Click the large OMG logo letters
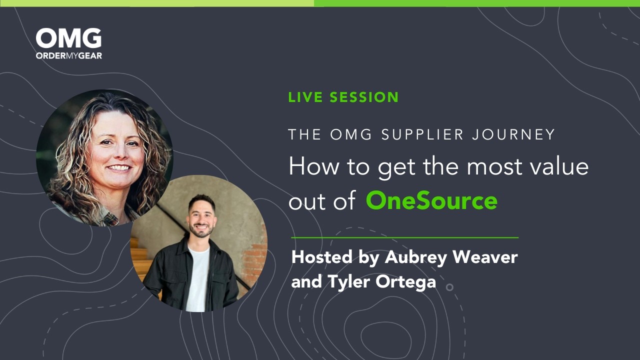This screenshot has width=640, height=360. (68, 39)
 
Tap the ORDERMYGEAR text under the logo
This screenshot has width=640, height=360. (68, 55)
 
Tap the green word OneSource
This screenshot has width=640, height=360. (431, 200)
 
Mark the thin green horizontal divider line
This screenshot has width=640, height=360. (404, 237)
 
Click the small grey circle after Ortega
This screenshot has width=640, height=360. (449, 287)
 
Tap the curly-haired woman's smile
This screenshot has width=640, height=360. (119, 168)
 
